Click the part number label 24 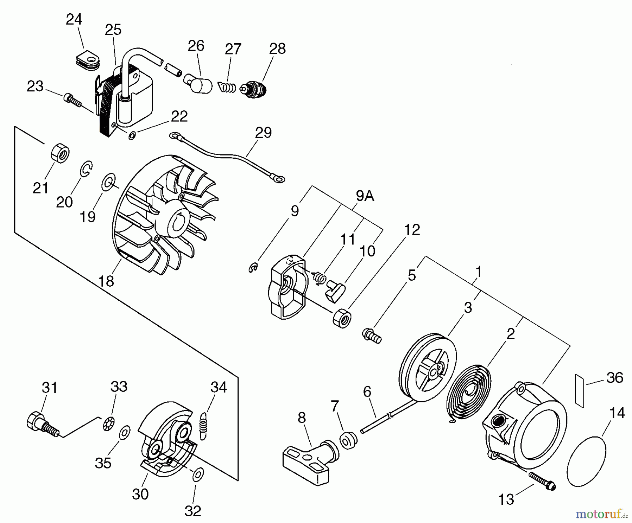(x=74, y=19)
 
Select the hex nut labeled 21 (x=60, y=153)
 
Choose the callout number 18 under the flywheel (x=106, y=281)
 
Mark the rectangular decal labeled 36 (x=580, y=391)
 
